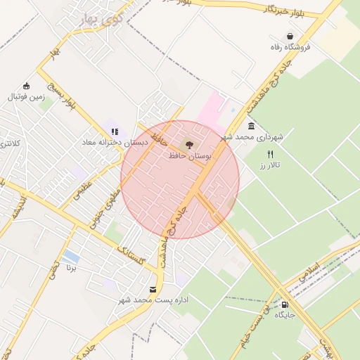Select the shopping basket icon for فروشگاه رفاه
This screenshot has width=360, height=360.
[x=290, y=37]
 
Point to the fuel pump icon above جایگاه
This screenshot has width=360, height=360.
[x=285, y=304]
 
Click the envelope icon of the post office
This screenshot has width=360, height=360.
[x=153, y=290]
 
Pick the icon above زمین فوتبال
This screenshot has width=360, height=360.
[x=26, y=86]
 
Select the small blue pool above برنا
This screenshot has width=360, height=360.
[x=70, y=256]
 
